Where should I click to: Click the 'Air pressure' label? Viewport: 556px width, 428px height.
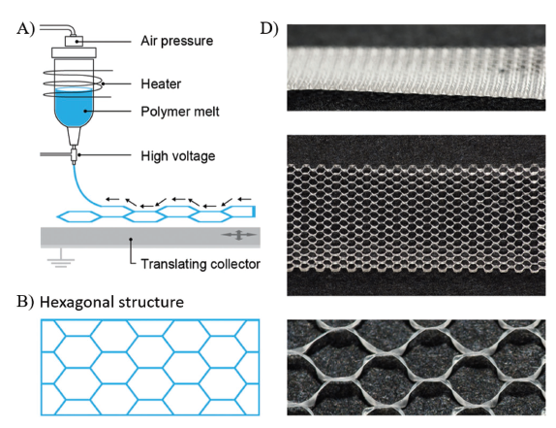click(x=176, y=41)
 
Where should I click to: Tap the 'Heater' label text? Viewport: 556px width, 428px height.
click(x=161, y=84)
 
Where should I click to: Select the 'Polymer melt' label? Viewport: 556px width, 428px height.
click(x=180, y=112)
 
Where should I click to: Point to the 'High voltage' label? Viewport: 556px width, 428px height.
click(x=177, y=156)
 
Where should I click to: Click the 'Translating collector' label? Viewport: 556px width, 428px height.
click(x=201, y=264)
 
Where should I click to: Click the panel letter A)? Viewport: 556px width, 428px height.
click(x=25, y=29)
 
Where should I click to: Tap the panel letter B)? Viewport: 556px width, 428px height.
click(x=25, y=302)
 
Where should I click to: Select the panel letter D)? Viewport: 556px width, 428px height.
click(x=269, y=28)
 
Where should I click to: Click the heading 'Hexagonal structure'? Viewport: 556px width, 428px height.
click(x=111, y=302)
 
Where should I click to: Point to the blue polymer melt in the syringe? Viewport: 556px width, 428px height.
click(x=75, y=107)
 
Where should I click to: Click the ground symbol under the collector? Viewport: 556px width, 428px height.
click(x=61, y=258)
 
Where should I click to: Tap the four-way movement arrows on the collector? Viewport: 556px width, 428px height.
click(x=238, y=235)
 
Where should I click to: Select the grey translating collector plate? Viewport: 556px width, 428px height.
click(x=150, y=237)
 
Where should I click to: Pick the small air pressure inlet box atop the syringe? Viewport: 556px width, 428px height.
click(x=74, y=41)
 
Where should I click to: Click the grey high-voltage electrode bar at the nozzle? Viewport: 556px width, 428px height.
click(x=56, y=154)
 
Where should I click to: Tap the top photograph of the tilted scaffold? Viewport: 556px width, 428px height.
click(x=416, y=68)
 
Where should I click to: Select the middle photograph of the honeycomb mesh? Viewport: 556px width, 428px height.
click(x=416, y=215)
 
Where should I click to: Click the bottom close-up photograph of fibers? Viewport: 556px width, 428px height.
click(x=416, y=367)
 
